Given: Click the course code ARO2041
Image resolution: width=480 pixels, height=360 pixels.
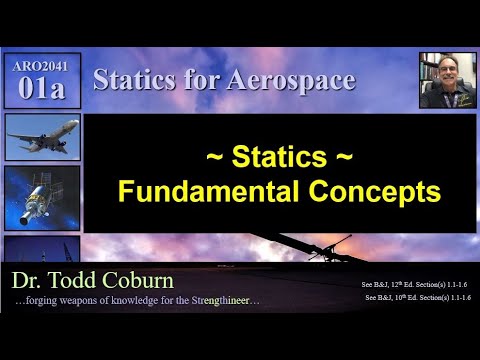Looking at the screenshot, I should (42, 64).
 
